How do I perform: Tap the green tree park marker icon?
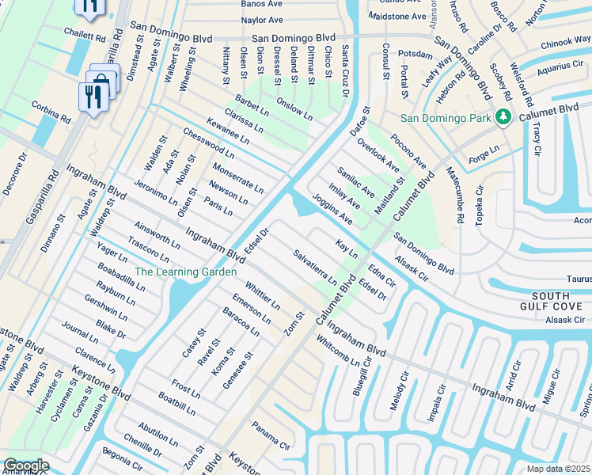coord(503,118)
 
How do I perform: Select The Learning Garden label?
coord(185,272)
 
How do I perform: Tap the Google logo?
coord(25,465)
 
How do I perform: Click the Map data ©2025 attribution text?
coord(559,469)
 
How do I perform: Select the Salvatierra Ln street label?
coord(315,268)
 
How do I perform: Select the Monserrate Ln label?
coord(237,178)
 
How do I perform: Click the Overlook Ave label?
coord(378,156)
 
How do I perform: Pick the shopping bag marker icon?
coord(102,81)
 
